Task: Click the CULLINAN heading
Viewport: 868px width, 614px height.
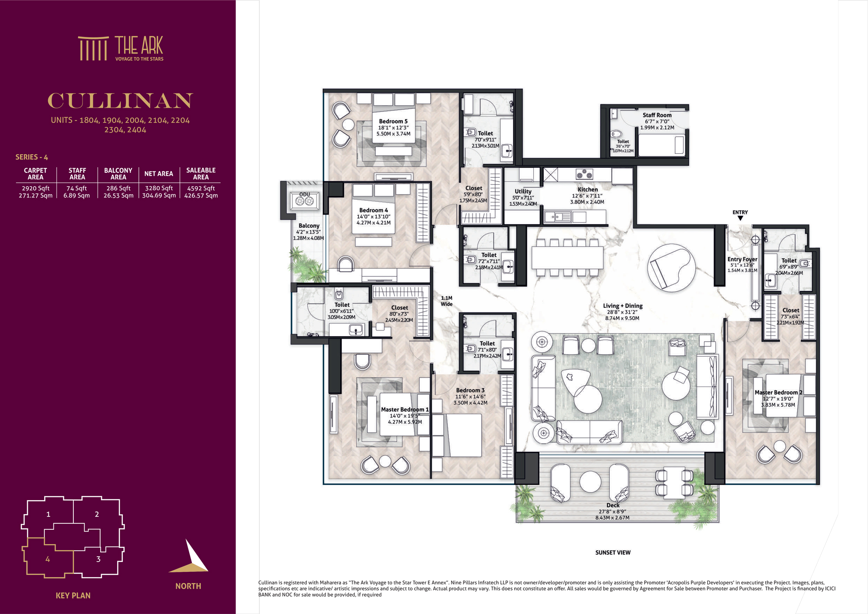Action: click(120, 101)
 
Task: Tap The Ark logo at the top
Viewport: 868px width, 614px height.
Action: click(121, 48)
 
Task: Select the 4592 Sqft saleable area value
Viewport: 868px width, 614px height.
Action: click(201, 188)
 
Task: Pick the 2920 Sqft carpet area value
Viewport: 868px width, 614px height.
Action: click(36, 188)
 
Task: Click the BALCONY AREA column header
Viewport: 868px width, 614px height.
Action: click(118, 174)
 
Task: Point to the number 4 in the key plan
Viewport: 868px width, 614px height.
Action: click(48, 559)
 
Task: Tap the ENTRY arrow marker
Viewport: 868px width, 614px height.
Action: click(740, 218)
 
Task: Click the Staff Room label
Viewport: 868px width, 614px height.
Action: click(657, 115)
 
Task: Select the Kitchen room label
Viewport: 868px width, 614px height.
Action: click(588, 189)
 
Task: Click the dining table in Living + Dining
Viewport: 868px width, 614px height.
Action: click(568, 258)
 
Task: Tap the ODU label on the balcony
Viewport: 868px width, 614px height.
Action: click(305, 194)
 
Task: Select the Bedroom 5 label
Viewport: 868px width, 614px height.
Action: click(393, 122)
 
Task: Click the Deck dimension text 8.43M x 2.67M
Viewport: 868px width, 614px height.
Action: click(612, 518)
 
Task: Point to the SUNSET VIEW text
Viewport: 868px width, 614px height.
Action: click(613, 552)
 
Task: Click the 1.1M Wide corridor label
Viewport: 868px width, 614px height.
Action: click(447, 301)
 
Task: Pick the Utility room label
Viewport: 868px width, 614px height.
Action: click(523, 191)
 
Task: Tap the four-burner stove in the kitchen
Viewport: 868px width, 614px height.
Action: click(584, 174)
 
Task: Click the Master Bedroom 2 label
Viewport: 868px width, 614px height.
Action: click(779, 393)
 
